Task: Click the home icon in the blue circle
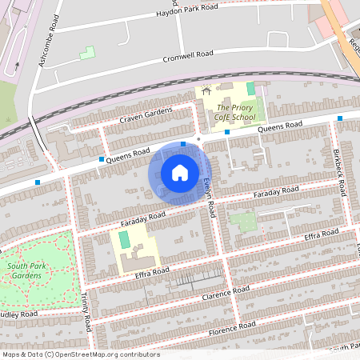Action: coord(180,172)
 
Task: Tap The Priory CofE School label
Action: coord(236,112)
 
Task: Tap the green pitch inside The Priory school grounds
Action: coord(250,88)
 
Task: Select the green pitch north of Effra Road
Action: coord(124,239)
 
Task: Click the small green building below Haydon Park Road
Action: coord(86,53)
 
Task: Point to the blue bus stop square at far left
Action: coord(38,182)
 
